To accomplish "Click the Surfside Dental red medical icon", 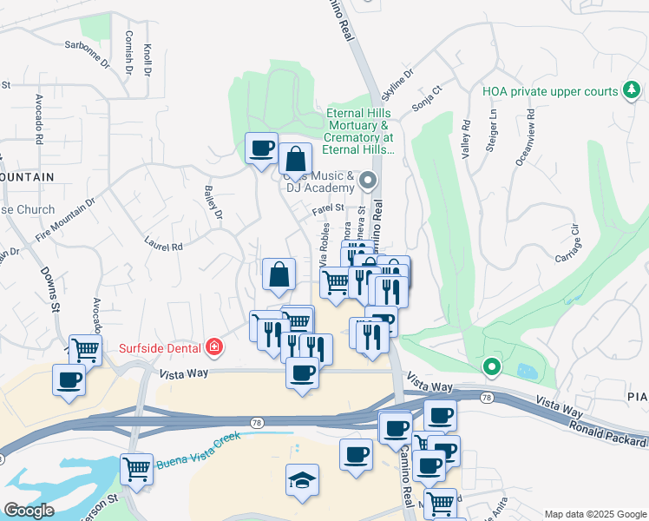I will click(x=213, y=348).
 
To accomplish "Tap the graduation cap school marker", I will click(x=302, y=479).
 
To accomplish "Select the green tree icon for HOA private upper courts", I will click(x=633, y=91).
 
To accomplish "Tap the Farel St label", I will click(x=329, y=209).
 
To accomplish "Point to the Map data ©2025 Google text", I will click(x=594, y=513).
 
